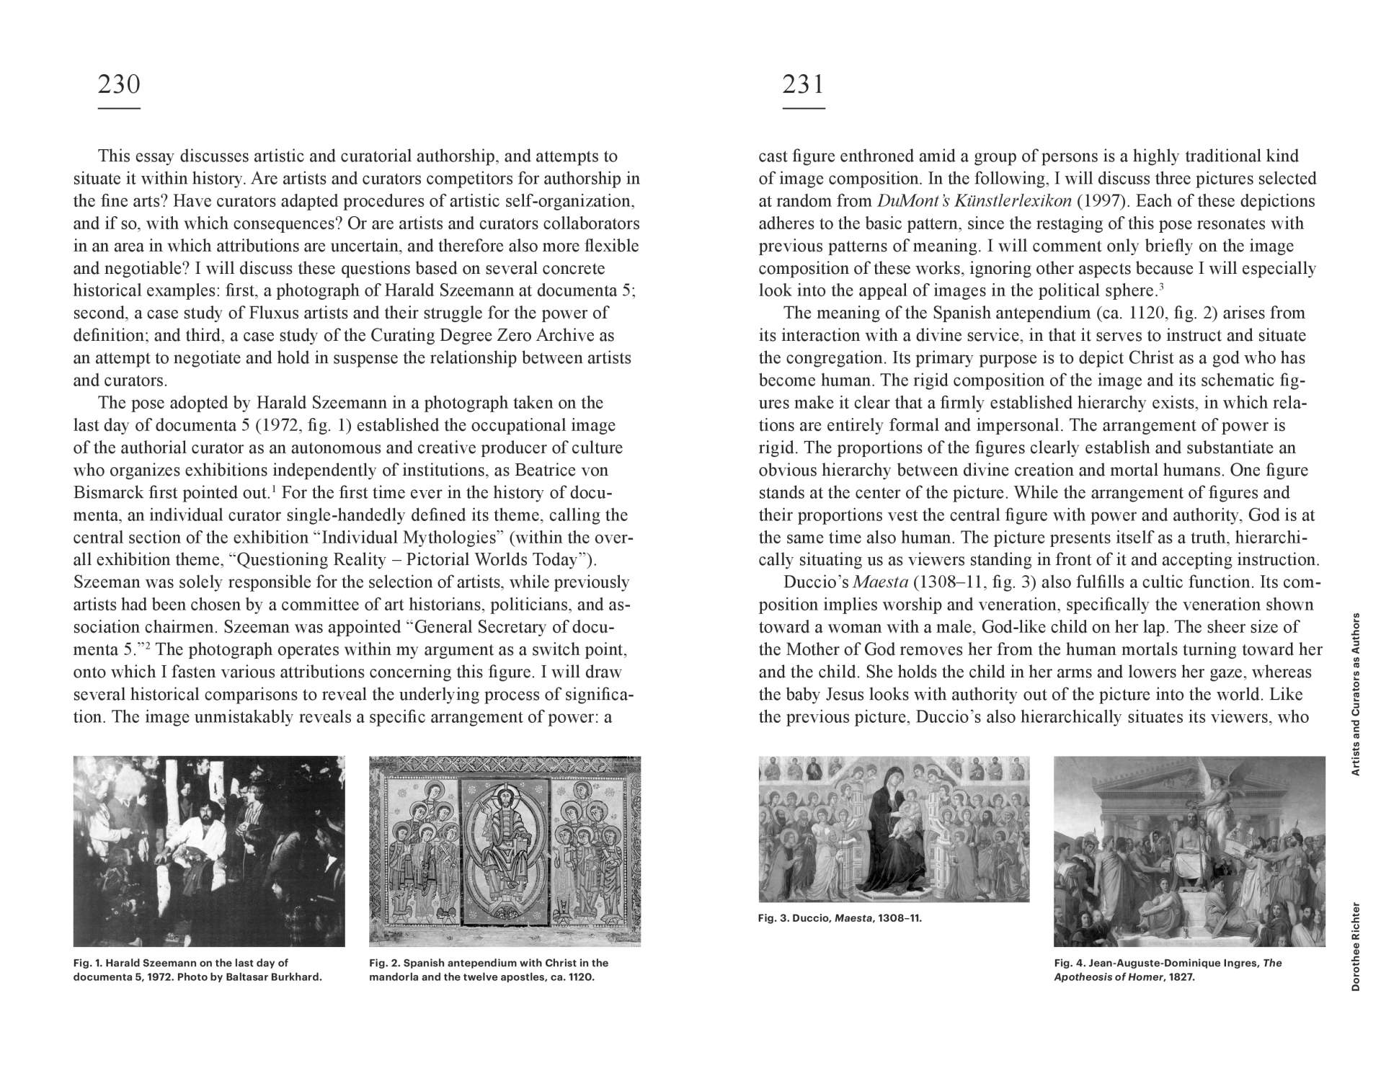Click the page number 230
118,85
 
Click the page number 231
802,85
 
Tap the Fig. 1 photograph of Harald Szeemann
209,850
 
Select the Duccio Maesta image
894,829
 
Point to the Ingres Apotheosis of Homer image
1189,850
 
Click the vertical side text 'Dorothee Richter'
1355,946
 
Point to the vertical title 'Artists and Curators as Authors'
1355,693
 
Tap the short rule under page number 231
803,109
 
